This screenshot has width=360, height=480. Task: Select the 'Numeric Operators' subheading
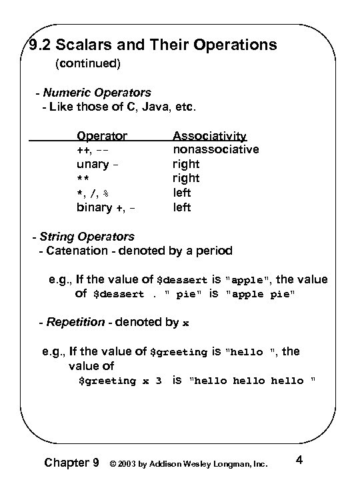pos(97,93)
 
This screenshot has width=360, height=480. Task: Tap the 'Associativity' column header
pos(209,136)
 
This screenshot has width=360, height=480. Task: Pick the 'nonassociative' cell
pos(216,149)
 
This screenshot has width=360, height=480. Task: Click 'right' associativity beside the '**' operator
pos(186,179)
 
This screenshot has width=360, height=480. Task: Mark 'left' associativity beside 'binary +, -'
pos(182,208)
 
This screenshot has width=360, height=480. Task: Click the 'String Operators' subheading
pos(87,237)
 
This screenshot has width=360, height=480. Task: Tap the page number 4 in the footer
pos(299,460)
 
